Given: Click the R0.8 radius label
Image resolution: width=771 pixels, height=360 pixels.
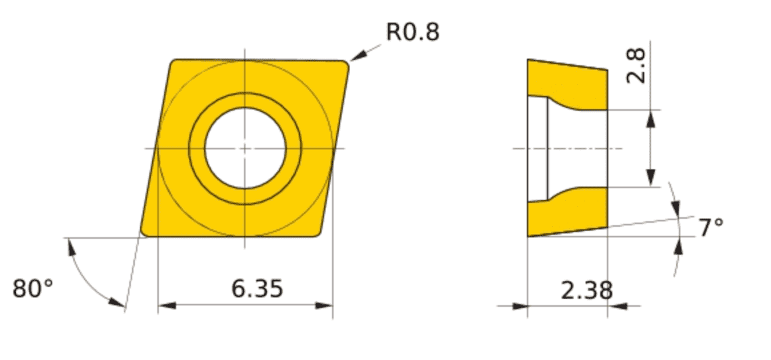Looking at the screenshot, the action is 413,32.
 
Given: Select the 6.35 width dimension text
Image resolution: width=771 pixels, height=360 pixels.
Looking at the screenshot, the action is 257,289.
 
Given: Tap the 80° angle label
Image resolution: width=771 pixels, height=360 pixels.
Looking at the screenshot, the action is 33,289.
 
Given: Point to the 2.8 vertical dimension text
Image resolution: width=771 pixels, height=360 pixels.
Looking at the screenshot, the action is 637,67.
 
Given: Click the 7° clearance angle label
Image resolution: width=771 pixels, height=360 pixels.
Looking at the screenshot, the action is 711,228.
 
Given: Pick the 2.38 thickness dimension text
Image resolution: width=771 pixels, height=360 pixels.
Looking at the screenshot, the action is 587,291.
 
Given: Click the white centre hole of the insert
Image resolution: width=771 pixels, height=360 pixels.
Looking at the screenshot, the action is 245,148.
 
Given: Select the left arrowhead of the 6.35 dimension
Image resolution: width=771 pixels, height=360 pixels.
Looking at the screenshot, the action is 167,306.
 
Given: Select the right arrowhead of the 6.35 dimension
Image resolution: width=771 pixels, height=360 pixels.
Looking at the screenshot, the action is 324,306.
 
